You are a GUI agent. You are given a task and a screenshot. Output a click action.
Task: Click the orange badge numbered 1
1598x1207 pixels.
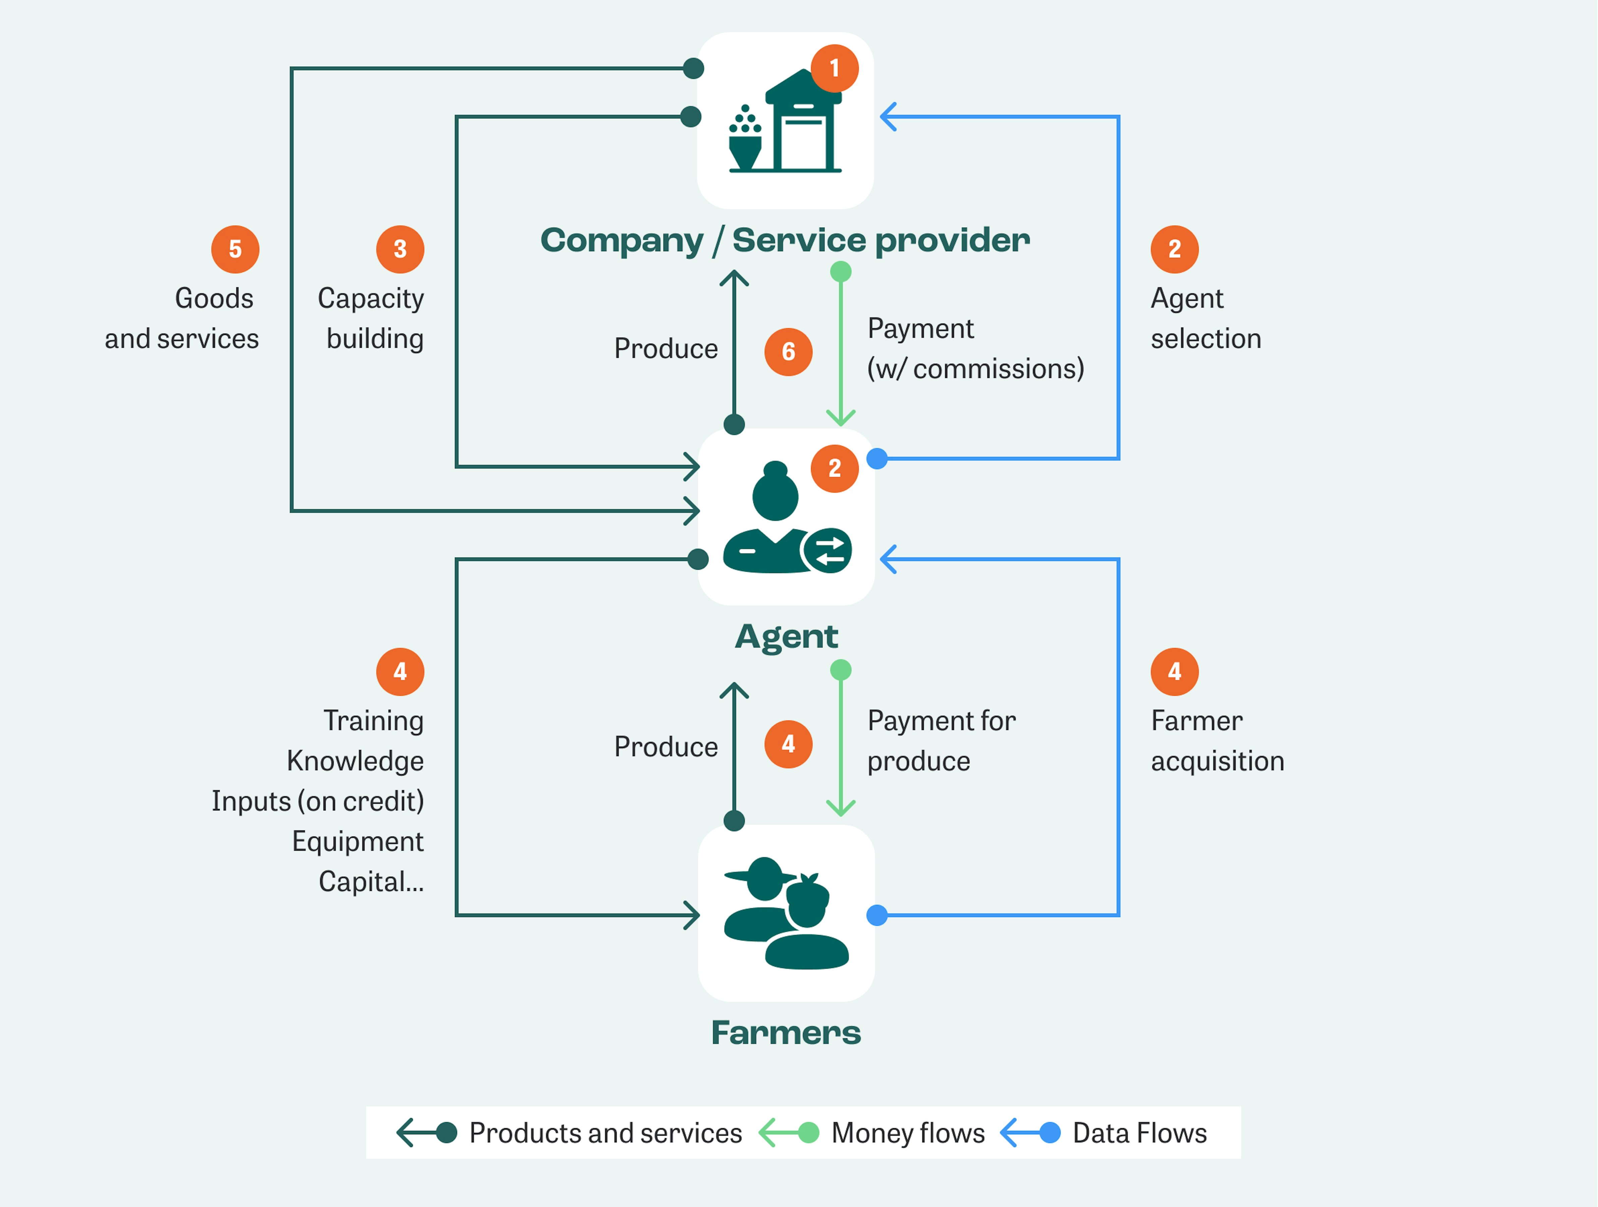point(835,69)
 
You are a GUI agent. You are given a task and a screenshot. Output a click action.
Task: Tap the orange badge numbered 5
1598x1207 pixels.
point(235,249)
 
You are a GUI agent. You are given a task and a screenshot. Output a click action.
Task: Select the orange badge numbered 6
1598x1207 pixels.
point(788,352)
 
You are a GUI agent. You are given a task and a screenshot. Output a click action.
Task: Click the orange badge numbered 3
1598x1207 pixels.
point(400,249)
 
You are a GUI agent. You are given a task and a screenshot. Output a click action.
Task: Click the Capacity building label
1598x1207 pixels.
point(371,319)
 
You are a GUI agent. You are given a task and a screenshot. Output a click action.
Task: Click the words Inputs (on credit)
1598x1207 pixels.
point(318,801)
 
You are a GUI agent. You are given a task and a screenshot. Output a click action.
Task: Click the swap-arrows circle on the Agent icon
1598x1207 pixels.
point(828,551)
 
